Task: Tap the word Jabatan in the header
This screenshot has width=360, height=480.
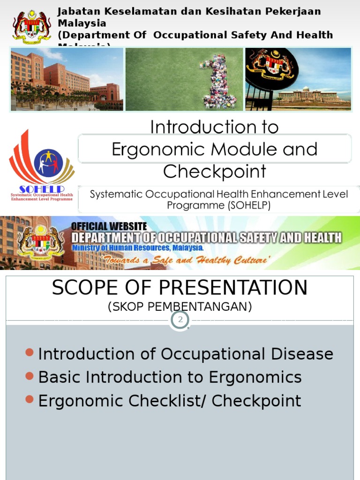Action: [x=76, y=12]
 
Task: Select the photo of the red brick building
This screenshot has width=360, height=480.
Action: [x=67, y=79]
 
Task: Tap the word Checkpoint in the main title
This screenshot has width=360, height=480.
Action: [x=214, y=172]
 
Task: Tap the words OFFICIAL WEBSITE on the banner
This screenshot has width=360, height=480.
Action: [x=109, y=226]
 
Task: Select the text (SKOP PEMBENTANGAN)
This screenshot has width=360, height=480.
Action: [x=180, y=307]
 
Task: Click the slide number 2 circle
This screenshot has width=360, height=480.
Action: [x=180, y=321]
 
